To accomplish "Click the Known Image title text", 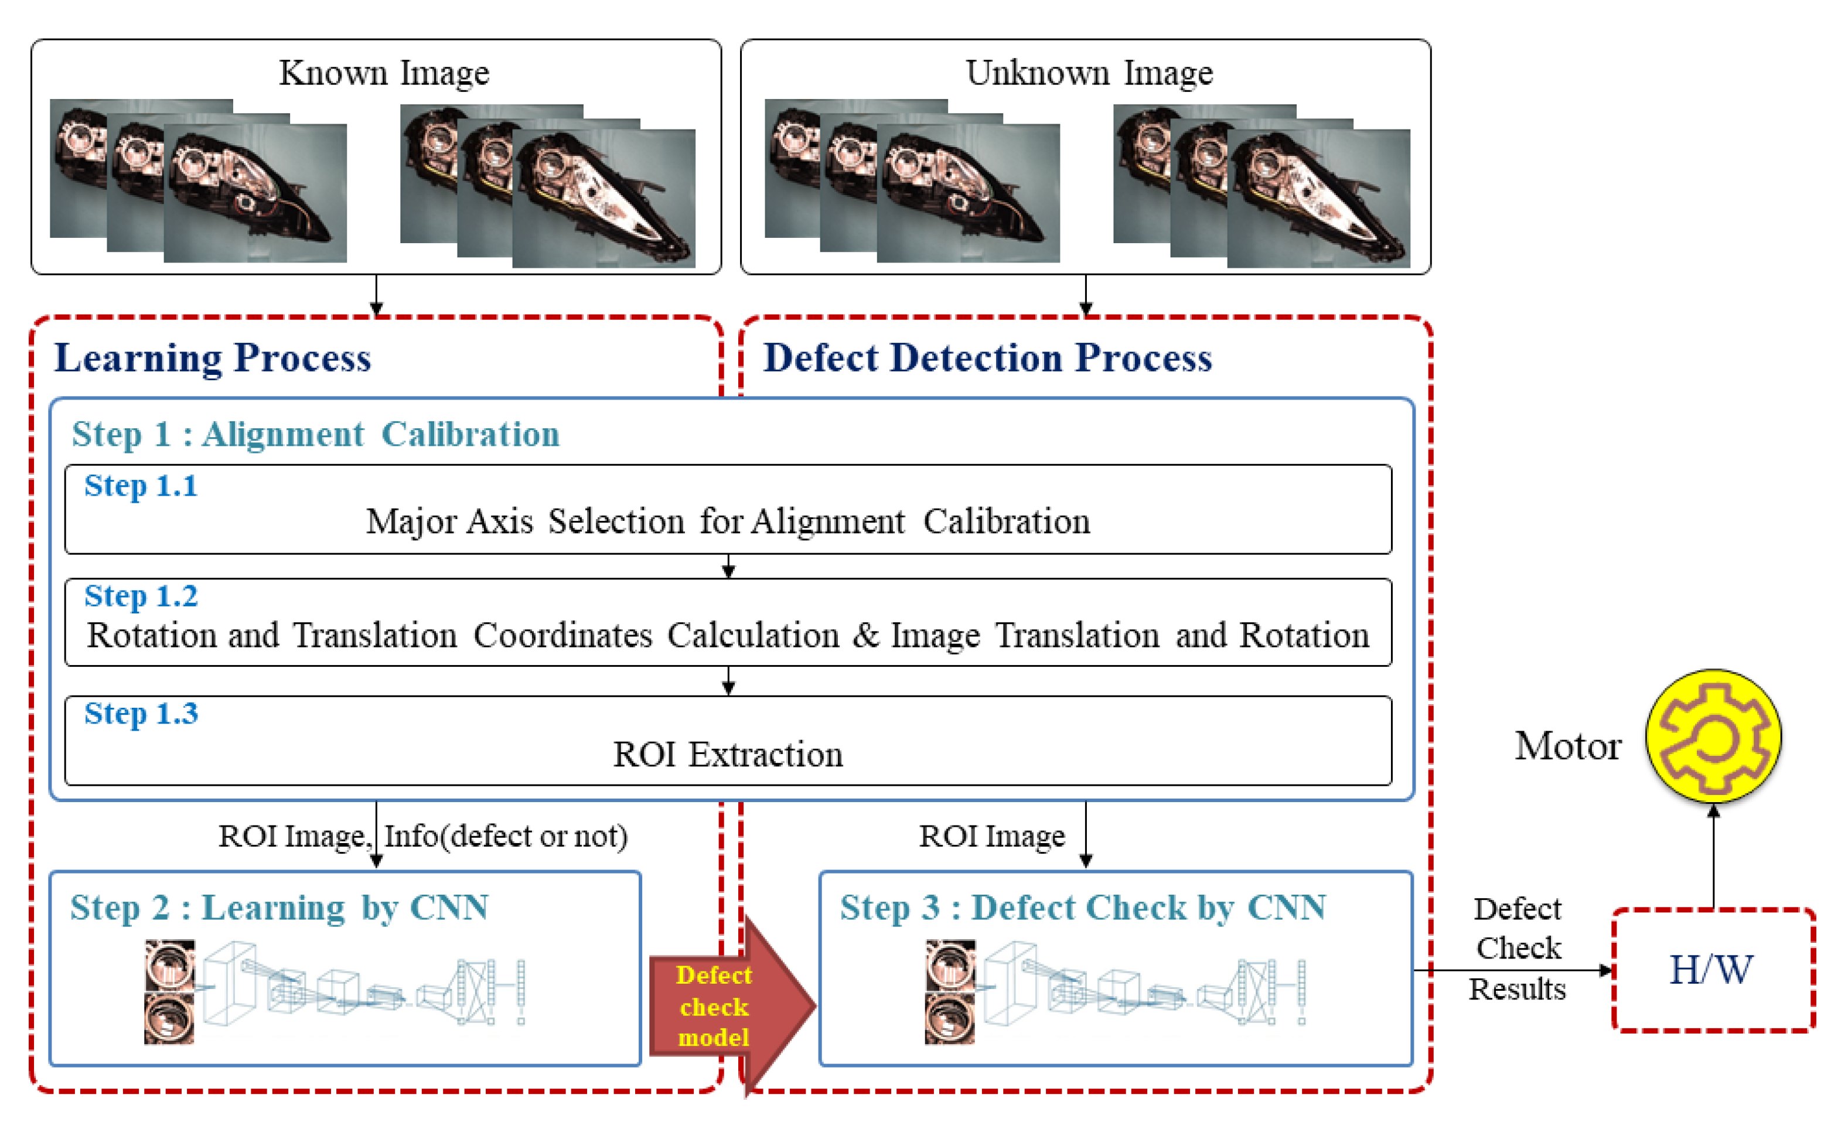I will [384, 73].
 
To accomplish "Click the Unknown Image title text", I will [1089, 73].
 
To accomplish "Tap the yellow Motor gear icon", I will [1713, 736].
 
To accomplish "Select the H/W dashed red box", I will [1713, 970].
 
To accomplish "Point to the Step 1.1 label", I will [141, 485].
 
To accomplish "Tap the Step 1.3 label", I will [141, 713].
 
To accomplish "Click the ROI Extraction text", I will [728, 755].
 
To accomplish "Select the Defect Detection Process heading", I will [987, 358].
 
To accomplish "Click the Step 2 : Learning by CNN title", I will [279, 908].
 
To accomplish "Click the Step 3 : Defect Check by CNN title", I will [1082, 908].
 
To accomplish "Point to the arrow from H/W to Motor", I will [1713, 855].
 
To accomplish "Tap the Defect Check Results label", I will [1518, 948].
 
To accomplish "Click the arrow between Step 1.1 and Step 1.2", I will [728, 566].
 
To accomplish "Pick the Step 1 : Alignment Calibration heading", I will [315, 434].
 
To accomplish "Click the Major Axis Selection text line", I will [728, 521].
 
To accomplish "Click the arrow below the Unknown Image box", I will [1085, 296].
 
